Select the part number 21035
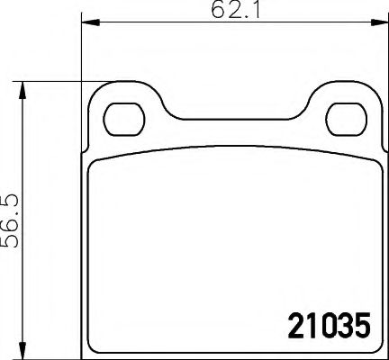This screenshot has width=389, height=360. (328, 325)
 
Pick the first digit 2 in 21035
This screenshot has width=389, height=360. (295, 325)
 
